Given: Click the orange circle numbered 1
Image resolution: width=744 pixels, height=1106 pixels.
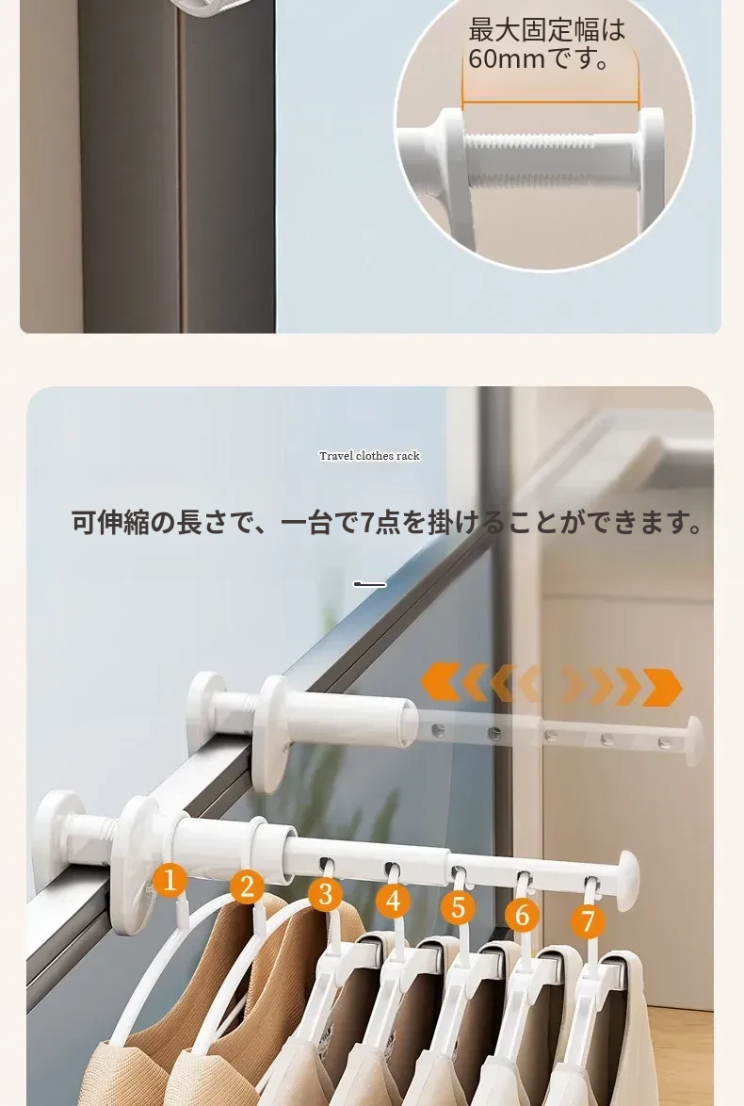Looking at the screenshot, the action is [170, 880].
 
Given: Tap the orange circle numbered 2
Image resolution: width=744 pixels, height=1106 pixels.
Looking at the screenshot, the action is [247, 886].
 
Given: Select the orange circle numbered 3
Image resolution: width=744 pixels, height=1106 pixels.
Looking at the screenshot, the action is [325, 894].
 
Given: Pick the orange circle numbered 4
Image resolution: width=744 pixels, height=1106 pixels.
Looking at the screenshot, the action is [393, 901].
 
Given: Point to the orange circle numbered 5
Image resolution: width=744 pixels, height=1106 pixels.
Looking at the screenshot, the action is [459, 907].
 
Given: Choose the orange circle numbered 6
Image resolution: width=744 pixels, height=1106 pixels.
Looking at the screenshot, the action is [522, 914].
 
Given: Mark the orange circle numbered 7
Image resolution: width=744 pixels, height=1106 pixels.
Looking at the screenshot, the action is [588, 920].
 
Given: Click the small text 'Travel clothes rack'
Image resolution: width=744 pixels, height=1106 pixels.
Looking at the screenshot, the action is [369, 456].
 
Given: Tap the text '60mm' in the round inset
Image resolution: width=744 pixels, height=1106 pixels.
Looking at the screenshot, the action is [507, 59].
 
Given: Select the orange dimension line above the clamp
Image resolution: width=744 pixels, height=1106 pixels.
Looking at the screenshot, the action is [550, 103].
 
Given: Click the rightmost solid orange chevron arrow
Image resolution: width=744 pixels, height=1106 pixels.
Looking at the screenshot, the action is [662, 687].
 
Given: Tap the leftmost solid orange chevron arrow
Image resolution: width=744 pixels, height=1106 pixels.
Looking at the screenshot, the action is [441, 682].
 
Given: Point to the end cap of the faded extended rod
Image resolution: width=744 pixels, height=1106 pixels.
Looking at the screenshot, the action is [695, 740].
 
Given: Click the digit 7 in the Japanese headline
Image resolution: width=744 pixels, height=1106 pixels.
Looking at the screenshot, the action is [367, 524].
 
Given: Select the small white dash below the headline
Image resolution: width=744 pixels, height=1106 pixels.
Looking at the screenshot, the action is [369, 584].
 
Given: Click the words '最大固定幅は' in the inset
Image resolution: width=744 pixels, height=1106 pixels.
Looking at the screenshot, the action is [547, 29].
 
